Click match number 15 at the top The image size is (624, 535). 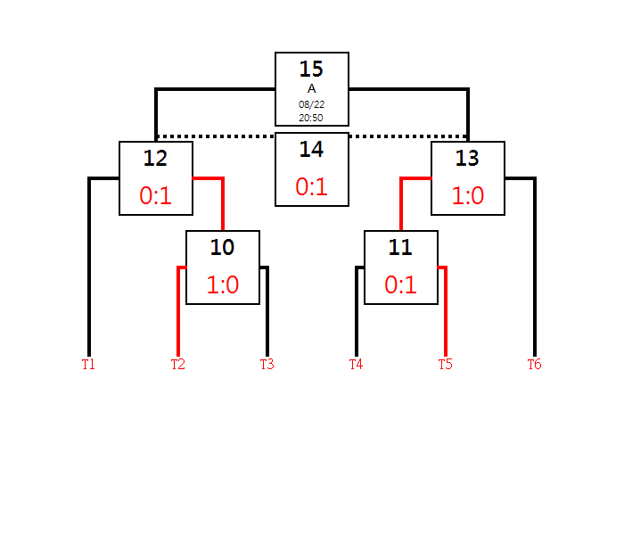(x=311, y=69)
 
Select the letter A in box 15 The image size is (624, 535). (x=312, y=89)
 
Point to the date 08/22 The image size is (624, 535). (x=312, y=104)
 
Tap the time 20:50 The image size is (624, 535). (x=311, y=118)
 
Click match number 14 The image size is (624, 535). (x=311, y=149)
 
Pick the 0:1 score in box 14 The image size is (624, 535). (x=311, y=186)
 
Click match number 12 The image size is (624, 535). (x=155, y=158)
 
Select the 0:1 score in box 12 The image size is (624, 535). (x=155, y=195)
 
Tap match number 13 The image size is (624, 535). (x=467, y=158)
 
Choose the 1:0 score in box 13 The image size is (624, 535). (x=468, y=195)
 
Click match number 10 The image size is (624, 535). (x=222, y=247)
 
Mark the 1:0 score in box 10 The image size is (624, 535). (x=223, y=284)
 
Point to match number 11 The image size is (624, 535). (x=400, y=247)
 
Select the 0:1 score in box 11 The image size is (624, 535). (x=400, y=284)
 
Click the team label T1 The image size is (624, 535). (x=88, y=364)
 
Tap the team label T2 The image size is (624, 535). (x=178, y=364)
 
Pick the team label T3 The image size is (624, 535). (x=267, y=364)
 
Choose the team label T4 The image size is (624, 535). (x=357, y=364)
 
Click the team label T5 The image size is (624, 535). (x=446, y=364)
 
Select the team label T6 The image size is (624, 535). (x=535, y=364)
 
